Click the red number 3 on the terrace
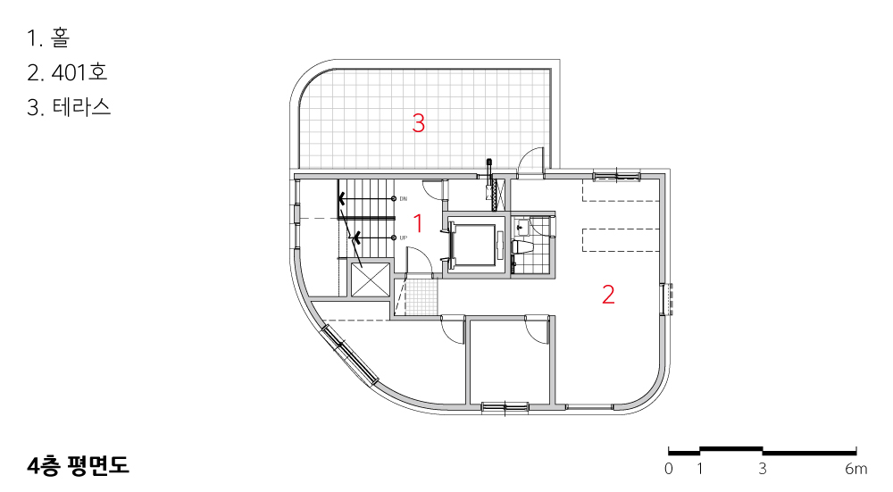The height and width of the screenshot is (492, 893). [419, 123]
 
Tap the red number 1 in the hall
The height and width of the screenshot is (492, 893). [419, 223]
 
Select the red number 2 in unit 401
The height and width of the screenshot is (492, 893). [608, 295]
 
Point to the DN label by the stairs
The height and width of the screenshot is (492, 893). [404, 199]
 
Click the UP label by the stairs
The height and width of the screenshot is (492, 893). [404, 238]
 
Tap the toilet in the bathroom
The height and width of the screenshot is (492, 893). [522, 246]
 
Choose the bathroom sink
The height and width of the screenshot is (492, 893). [522, 227]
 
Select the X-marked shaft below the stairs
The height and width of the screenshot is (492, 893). [371, 280]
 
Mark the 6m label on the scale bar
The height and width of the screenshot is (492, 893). [856, 469]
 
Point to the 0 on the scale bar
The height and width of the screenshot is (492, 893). [669, 469]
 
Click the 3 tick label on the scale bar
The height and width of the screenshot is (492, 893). [763, 469]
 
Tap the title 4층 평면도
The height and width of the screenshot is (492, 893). [78, 465]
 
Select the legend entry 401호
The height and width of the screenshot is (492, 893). [79, 72]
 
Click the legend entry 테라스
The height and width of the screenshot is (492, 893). [81, 107]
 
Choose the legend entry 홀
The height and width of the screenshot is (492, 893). [60, 38]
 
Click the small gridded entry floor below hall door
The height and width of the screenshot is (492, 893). [421, 296]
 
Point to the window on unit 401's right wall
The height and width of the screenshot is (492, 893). [667, 299]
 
